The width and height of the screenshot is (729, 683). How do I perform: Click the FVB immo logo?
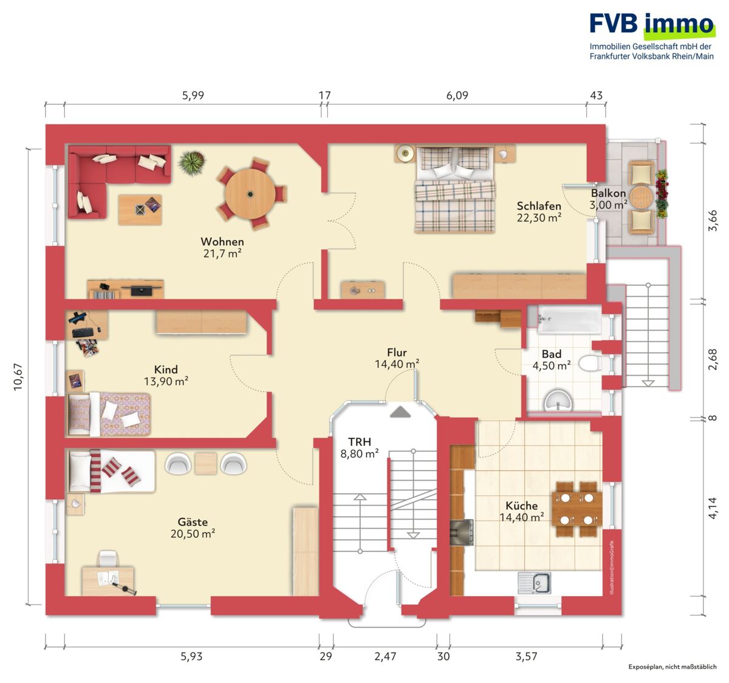[652, 36]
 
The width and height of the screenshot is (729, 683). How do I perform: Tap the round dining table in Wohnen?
[250, 194]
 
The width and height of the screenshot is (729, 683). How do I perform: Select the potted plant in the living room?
[191, 163]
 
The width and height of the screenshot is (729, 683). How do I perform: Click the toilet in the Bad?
[589, 363]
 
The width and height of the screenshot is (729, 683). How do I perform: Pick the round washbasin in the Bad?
[558, 401]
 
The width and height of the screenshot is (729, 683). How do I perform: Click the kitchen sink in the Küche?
[535, 583]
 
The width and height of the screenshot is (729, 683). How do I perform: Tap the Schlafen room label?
[539, 206]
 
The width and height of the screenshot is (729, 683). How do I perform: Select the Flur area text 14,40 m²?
[397, 364]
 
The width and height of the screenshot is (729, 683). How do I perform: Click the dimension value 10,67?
[18, 377]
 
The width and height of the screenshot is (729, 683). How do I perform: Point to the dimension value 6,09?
[457, 96]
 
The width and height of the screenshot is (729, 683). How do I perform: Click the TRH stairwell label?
[360, 441]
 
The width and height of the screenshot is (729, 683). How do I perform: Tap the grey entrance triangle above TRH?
[401, 412]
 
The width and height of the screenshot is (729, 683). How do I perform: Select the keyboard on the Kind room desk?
[84, 333]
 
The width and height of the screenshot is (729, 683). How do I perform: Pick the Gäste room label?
[193, 522]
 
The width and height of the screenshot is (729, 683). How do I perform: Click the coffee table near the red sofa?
[140, 209]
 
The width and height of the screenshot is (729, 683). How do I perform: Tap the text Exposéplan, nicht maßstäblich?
[672, 667]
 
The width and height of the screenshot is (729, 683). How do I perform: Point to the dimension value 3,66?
[712, 220]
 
